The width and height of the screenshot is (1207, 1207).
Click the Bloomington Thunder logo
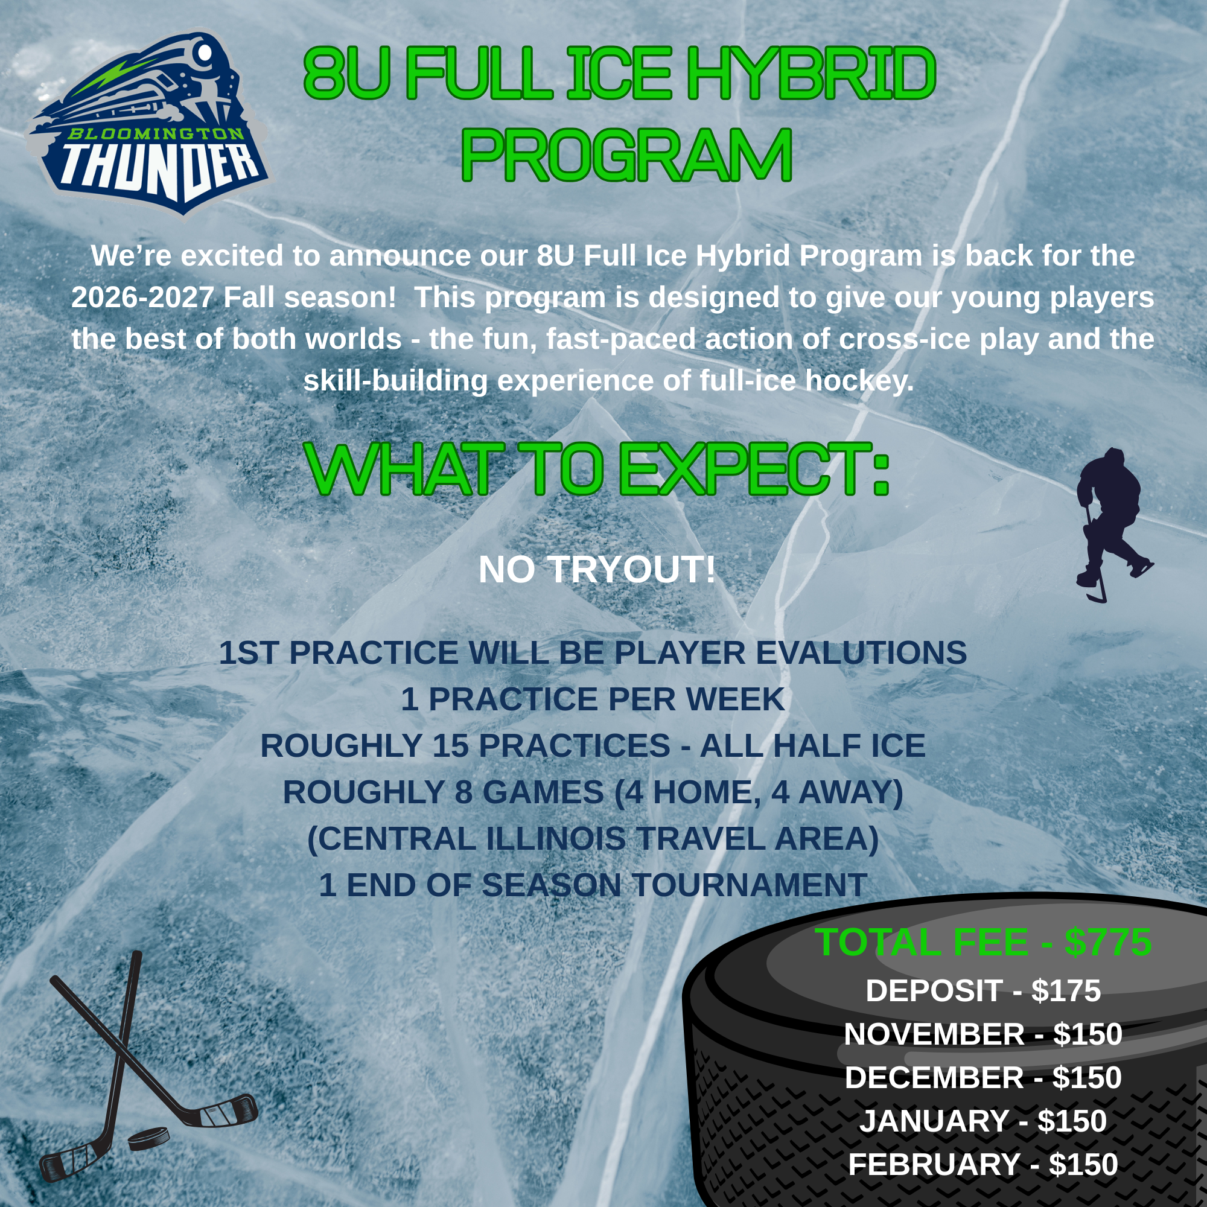click(148, 122)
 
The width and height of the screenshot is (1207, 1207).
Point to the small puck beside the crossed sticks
click(148, 1138)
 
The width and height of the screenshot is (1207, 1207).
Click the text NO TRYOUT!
click(597, 570)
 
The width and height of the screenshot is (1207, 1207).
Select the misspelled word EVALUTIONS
click(862, 653)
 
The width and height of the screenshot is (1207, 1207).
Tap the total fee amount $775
click(1108, 942)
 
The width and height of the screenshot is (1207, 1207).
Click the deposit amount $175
click(1066, 991)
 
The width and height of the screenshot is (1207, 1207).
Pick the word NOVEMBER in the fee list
click(934, 1034)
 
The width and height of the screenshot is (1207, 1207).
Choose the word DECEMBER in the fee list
click(934, 1078)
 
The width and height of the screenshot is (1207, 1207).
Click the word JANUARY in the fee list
click(934, 1121)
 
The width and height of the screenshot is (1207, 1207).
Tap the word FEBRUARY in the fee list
click(934, 1165)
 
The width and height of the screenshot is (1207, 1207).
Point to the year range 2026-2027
click(143, 298)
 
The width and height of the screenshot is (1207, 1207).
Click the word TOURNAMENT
click(749, 885)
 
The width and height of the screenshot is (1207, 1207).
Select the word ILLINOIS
click(556, 838)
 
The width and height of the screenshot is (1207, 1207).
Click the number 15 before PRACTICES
click(450, 746)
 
